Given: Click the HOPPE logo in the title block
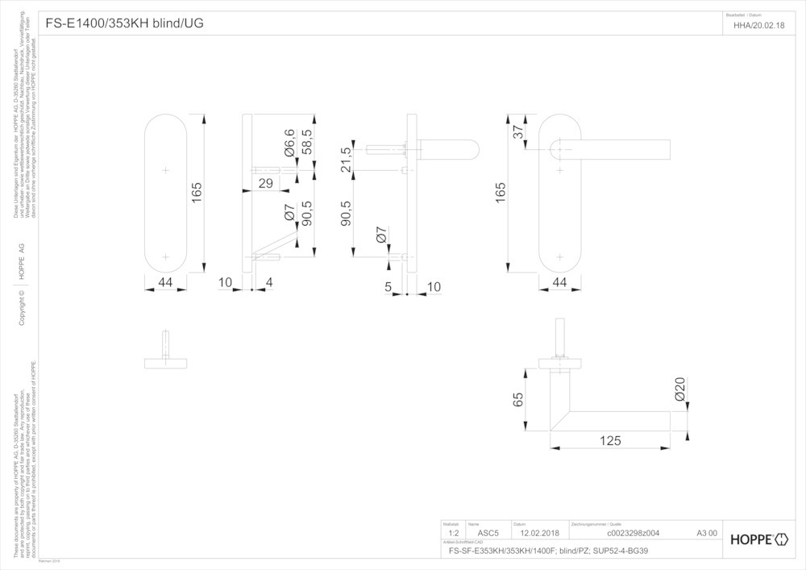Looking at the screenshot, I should [x=758, y=539].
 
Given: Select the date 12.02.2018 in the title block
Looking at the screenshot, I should [x=539, y=533].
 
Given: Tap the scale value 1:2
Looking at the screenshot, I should [x=453, y=533].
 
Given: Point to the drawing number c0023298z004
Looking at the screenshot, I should [x=632, y=533].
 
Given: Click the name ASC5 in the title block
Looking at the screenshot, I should [x=488, y=533].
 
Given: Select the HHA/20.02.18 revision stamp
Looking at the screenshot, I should [x=758, y=24].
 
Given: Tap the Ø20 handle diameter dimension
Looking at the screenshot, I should [x=679, y=391].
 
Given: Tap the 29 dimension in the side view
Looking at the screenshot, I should [x=264, y=185].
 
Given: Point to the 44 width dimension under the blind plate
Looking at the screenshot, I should [x=165, y=282].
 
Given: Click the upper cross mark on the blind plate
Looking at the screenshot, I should [x=166, y=171].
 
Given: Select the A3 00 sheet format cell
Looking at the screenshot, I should [x=706, y=533].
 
